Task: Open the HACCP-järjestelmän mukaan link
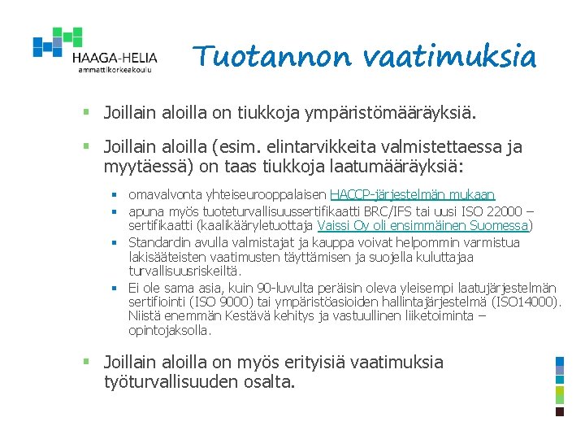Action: coord(412,196)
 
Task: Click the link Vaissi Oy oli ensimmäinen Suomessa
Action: coord(422,226)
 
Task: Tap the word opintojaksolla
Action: coord(169,331)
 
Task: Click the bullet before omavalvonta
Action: coord(115,196)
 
